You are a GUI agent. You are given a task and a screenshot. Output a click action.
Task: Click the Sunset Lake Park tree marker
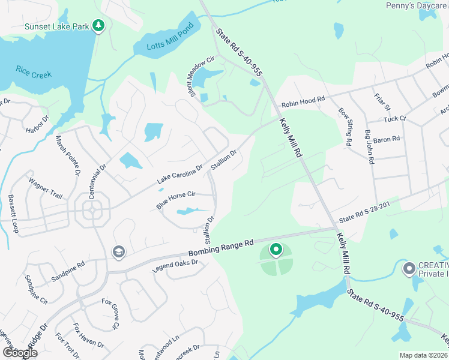[x=99, y=26]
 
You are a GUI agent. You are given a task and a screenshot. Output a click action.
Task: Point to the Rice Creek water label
[x=34, y=72]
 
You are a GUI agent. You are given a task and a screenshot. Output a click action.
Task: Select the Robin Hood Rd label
[x=303, y=101]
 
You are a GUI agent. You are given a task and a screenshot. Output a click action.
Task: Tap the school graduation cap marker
[x=118, y=253]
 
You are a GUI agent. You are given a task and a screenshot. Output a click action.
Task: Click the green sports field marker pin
[x=276, y=249]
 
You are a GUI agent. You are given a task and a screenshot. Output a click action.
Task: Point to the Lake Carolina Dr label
[x=180, y=174]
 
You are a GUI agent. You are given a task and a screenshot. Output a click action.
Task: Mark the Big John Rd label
[x=369, y=153]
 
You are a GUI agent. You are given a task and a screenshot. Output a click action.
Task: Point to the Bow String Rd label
[x=345, y=127]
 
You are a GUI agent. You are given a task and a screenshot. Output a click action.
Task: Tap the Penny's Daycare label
[x=417, y=6]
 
